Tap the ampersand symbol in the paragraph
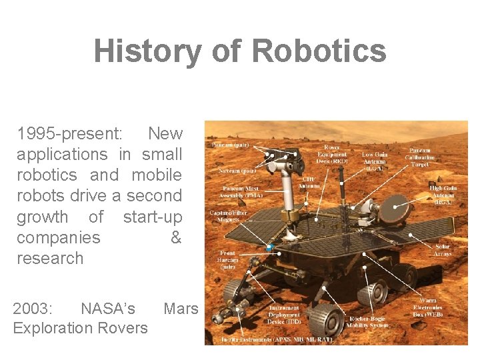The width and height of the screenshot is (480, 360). [176, 237]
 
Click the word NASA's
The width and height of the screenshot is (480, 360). [107, 309]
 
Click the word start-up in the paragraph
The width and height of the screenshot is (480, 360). [153, 217]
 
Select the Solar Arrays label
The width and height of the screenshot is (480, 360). [442, 249]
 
